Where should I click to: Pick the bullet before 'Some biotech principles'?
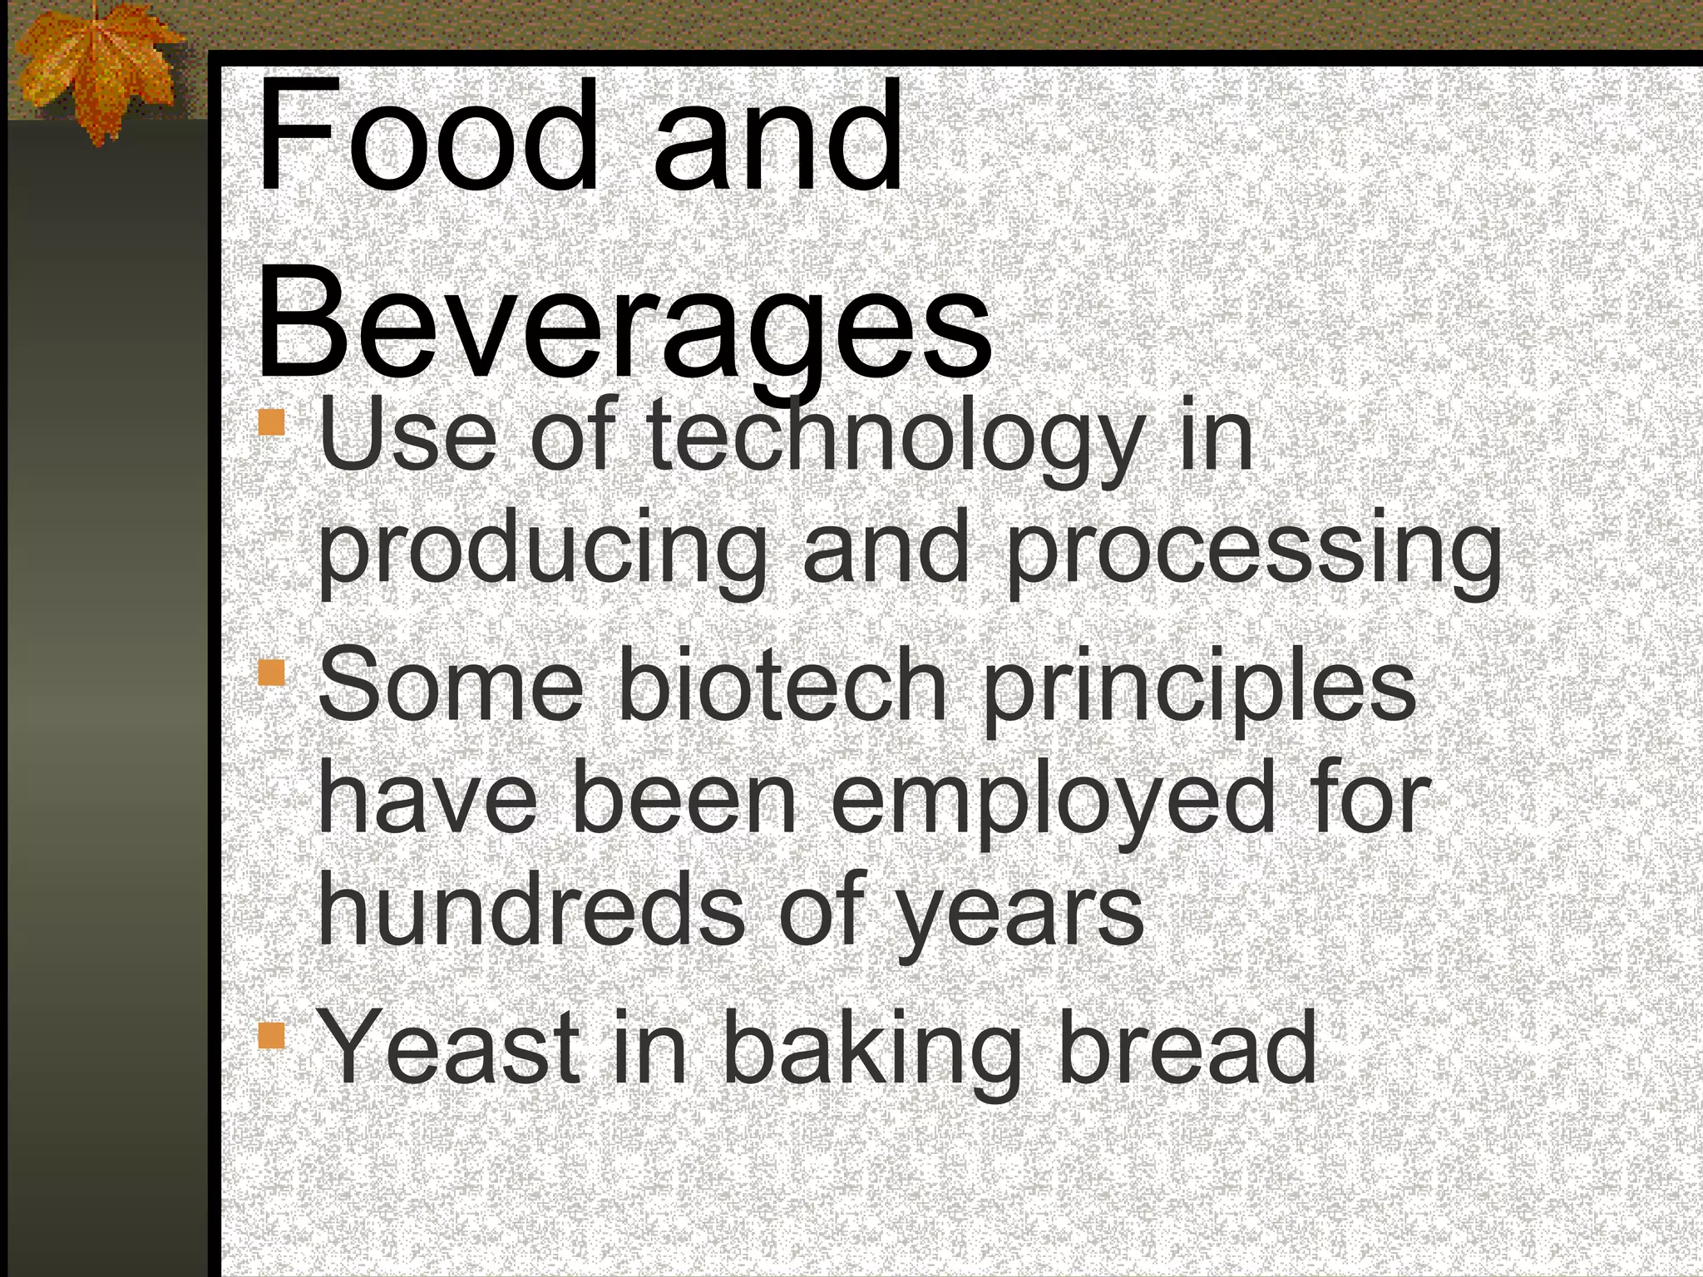point(271,672)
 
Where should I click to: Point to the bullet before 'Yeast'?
point(271,1036)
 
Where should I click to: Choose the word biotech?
point(782,685)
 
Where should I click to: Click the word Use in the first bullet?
point(407,436)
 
